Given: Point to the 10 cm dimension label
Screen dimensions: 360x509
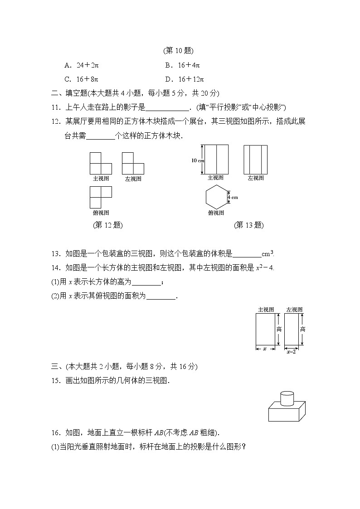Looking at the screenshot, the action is tap(198, 160).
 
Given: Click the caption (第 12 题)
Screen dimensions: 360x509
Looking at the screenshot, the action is tap(107, 225).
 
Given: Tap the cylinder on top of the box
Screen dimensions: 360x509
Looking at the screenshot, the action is tap(287, 398).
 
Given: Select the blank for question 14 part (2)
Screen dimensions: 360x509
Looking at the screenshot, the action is tap(161, 296).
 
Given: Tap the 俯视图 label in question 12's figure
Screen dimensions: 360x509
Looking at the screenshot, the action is tap(101, 213).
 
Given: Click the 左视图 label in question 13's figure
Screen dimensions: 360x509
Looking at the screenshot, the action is tap(256, 178).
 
